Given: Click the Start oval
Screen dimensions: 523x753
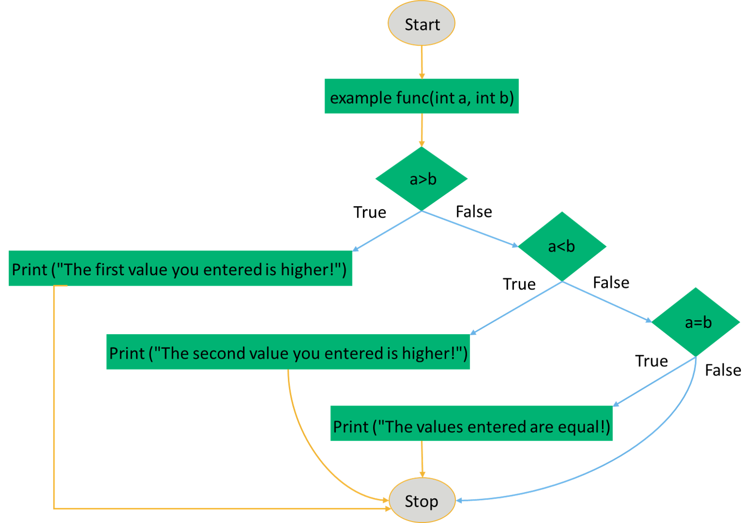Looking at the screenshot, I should (421, 24).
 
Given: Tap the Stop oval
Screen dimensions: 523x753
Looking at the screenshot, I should (421, 501).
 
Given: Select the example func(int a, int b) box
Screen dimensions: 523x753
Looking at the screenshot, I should (421, 96).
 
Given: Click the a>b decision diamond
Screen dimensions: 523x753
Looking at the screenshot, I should (421, 179).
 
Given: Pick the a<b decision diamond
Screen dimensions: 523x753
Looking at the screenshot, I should (562, 246).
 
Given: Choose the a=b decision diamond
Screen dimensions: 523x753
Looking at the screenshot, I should (697, 322).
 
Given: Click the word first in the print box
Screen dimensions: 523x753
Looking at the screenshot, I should (110, 269).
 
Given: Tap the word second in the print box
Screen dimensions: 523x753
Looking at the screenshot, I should (219, 353).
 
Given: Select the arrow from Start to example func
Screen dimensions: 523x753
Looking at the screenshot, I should (422, 62).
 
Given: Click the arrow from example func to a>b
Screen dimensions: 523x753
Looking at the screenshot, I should (422, 129).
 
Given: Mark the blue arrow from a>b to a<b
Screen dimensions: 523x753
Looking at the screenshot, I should (470, 229).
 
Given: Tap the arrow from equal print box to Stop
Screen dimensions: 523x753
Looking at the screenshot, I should (422, 459).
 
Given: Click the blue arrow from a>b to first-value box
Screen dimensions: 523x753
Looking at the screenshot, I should (387, 231).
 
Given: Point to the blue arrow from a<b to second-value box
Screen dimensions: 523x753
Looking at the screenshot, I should (516, 307).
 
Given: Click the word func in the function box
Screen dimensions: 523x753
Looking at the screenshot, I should (413, 97).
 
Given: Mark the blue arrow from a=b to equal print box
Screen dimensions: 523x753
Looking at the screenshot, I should (654, 381).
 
